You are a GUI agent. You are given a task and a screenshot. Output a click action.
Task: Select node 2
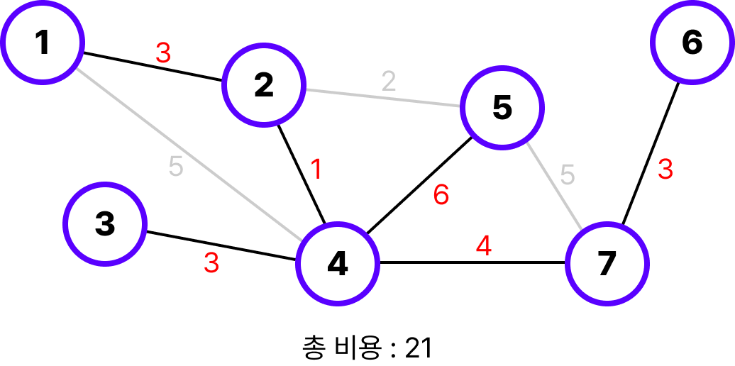[263, 86]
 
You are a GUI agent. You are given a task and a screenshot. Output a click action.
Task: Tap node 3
[104, 224]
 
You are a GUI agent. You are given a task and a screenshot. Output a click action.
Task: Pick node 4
[337, 264]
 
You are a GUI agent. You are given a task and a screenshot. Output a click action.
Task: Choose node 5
[502, 108]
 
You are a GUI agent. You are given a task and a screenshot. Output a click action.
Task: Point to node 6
[692, 43]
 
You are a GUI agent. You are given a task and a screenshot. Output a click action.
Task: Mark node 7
[607, 264]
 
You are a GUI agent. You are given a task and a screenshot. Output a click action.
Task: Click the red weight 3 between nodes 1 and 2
[163, 53]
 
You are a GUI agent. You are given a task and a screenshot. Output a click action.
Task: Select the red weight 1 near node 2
[316, 170]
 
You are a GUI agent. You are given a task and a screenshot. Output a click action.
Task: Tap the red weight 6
[441, 195]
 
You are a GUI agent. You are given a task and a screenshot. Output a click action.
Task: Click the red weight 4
[483, 246]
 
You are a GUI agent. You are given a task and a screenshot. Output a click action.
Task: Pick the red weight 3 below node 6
[665, 170]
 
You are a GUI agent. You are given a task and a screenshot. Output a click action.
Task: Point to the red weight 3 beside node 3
[211, 262]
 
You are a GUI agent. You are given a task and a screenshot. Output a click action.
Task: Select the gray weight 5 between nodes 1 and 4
[176, 167]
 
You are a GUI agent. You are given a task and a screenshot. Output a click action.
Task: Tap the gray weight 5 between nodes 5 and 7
[567, 174]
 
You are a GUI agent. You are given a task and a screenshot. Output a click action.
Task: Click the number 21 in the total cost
[419, 348]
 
